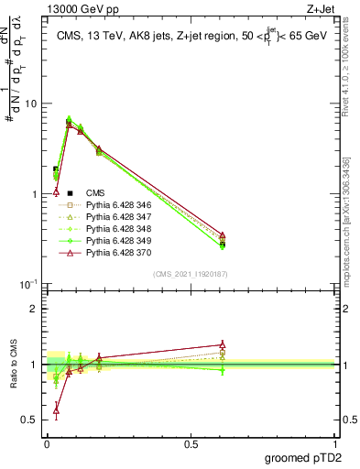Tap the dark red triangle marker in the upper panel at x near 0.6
223,235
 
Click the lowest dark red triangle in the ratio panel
57,411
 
